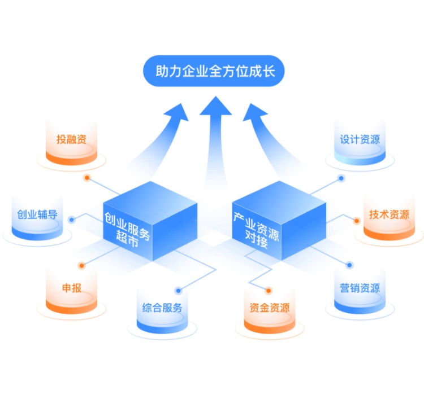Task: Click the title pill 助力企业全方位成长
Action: (x=212, y=72)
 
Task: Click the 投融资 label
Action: (x=71, y=139)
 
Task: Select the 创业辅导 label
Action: (x=37, y=214)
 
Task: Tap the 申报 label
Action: (x=71, y=288)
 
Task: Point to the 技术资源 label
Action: (x=389, y=214)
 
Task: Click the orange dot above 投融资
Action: (x=87, y=177)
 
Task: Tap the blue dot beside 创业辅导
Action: (x=71, y=220)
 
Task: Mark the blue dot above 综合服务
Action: (x=178, y=291)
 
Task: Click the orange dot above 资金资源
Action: (x=269, y=291)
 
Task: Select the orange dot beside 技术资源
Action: (x=357, y=221)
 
